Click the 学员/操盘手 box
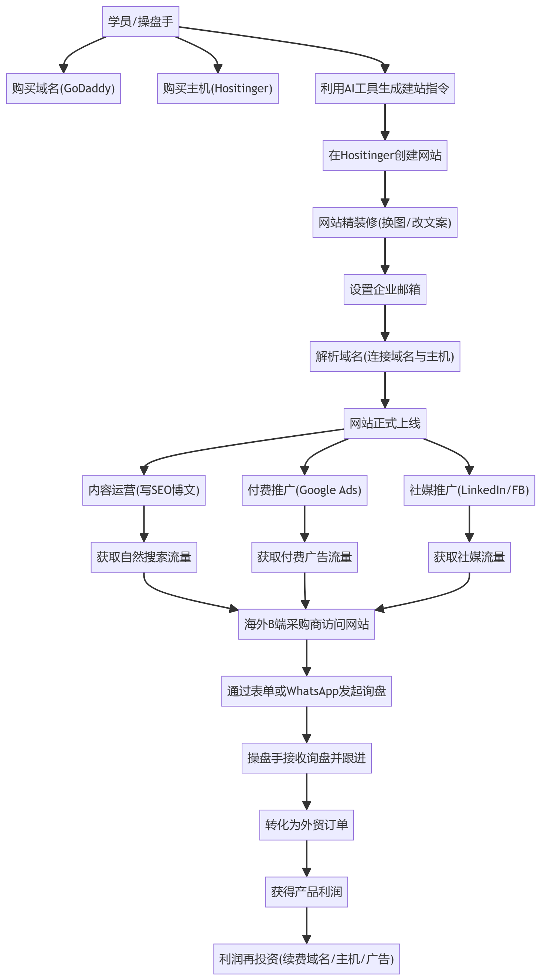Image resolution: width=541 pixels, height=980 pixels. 140,22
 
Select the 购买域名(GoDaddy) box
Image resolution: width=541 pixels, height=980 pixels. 64,89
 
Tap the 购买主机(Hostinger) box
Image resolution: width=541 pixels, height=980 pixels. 218,89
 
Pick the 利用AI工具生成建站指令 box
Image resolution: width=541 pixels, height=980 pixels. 385,89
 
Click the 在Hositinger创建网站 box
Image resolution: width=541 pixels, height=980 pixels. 385,156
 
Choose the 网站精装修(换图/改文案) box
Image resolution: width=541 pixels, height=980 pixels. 385,222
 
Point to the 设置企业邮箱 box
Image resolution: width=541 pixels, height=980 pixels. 385,289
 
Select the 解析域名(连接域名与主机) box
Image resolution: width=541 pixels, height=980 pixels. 385,357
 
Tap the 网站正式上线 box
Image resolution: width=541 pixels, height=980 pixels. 385,423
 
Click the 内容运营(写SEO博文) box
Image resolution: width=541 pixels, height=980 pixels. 144,490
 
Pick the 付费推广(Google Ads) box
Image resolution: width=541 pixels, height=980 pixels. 304,490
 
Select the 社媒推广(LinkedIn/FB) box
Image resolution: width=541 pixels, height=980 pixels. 469,490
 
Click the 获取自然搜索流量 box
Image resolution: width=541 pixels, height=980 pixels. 144,557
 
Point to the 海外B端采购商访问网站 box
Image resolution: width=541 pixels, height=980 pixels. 307,624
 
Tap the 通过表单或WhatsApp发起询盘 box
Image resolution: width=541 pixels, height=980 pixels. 307,691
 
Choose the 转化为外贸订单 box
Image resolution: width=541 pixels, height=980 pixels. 307,825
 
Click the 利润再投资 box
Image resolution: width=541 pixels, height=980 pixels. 307,959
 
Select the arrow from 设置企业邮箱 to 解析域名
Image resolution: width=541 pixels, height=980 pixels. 385,323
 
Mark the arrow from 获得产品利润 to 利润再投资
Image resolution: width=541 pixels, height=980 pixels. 307,926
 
